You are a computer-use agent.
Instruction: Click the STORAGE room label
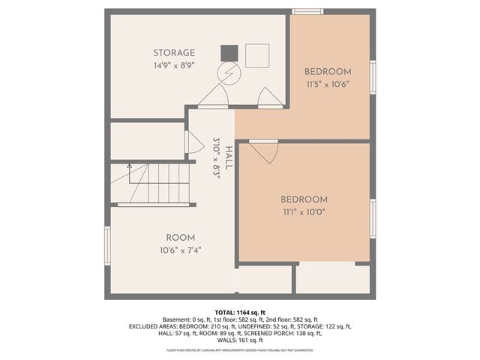(x=174, y=52)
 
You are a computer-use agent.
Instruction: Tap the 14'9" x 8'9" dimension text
(x=174, y=65)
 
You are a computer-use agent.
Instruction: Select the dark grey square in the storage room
(x=229, y=53)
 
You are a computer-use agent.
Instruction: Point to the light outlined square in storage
(x=257, y=55)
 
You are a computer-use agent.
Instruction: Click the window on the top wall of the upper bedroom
(x=307, y=11)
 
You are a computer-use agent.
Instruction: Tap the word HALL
(x=228, y=157)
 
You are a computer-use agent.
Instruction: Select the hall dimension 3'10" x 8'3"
(x=216, y=157)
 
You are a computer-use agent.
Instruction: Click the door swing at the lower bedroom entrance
(x=263, y=151)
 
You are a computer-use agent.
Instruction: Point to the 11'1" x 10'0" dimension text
(x=304, y=212)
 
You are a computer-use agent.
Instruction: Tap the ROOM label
(x=180, y=237)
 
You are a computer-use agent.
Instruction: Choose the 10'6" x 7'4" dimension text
(x=180, y=250)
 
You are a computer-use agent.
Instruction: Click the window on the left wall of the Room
(x=107, y=246)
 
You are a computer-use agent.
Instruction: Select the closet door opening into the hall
(x=193, y=142)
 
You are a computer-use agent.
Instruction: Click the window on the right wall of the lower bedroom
(x=373, y=218)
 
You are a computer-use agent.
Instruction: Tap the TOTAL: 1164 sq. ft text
(x=240, y=311)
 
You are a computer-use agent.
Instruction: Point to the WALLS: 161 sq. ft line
(x=240, y=340)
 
